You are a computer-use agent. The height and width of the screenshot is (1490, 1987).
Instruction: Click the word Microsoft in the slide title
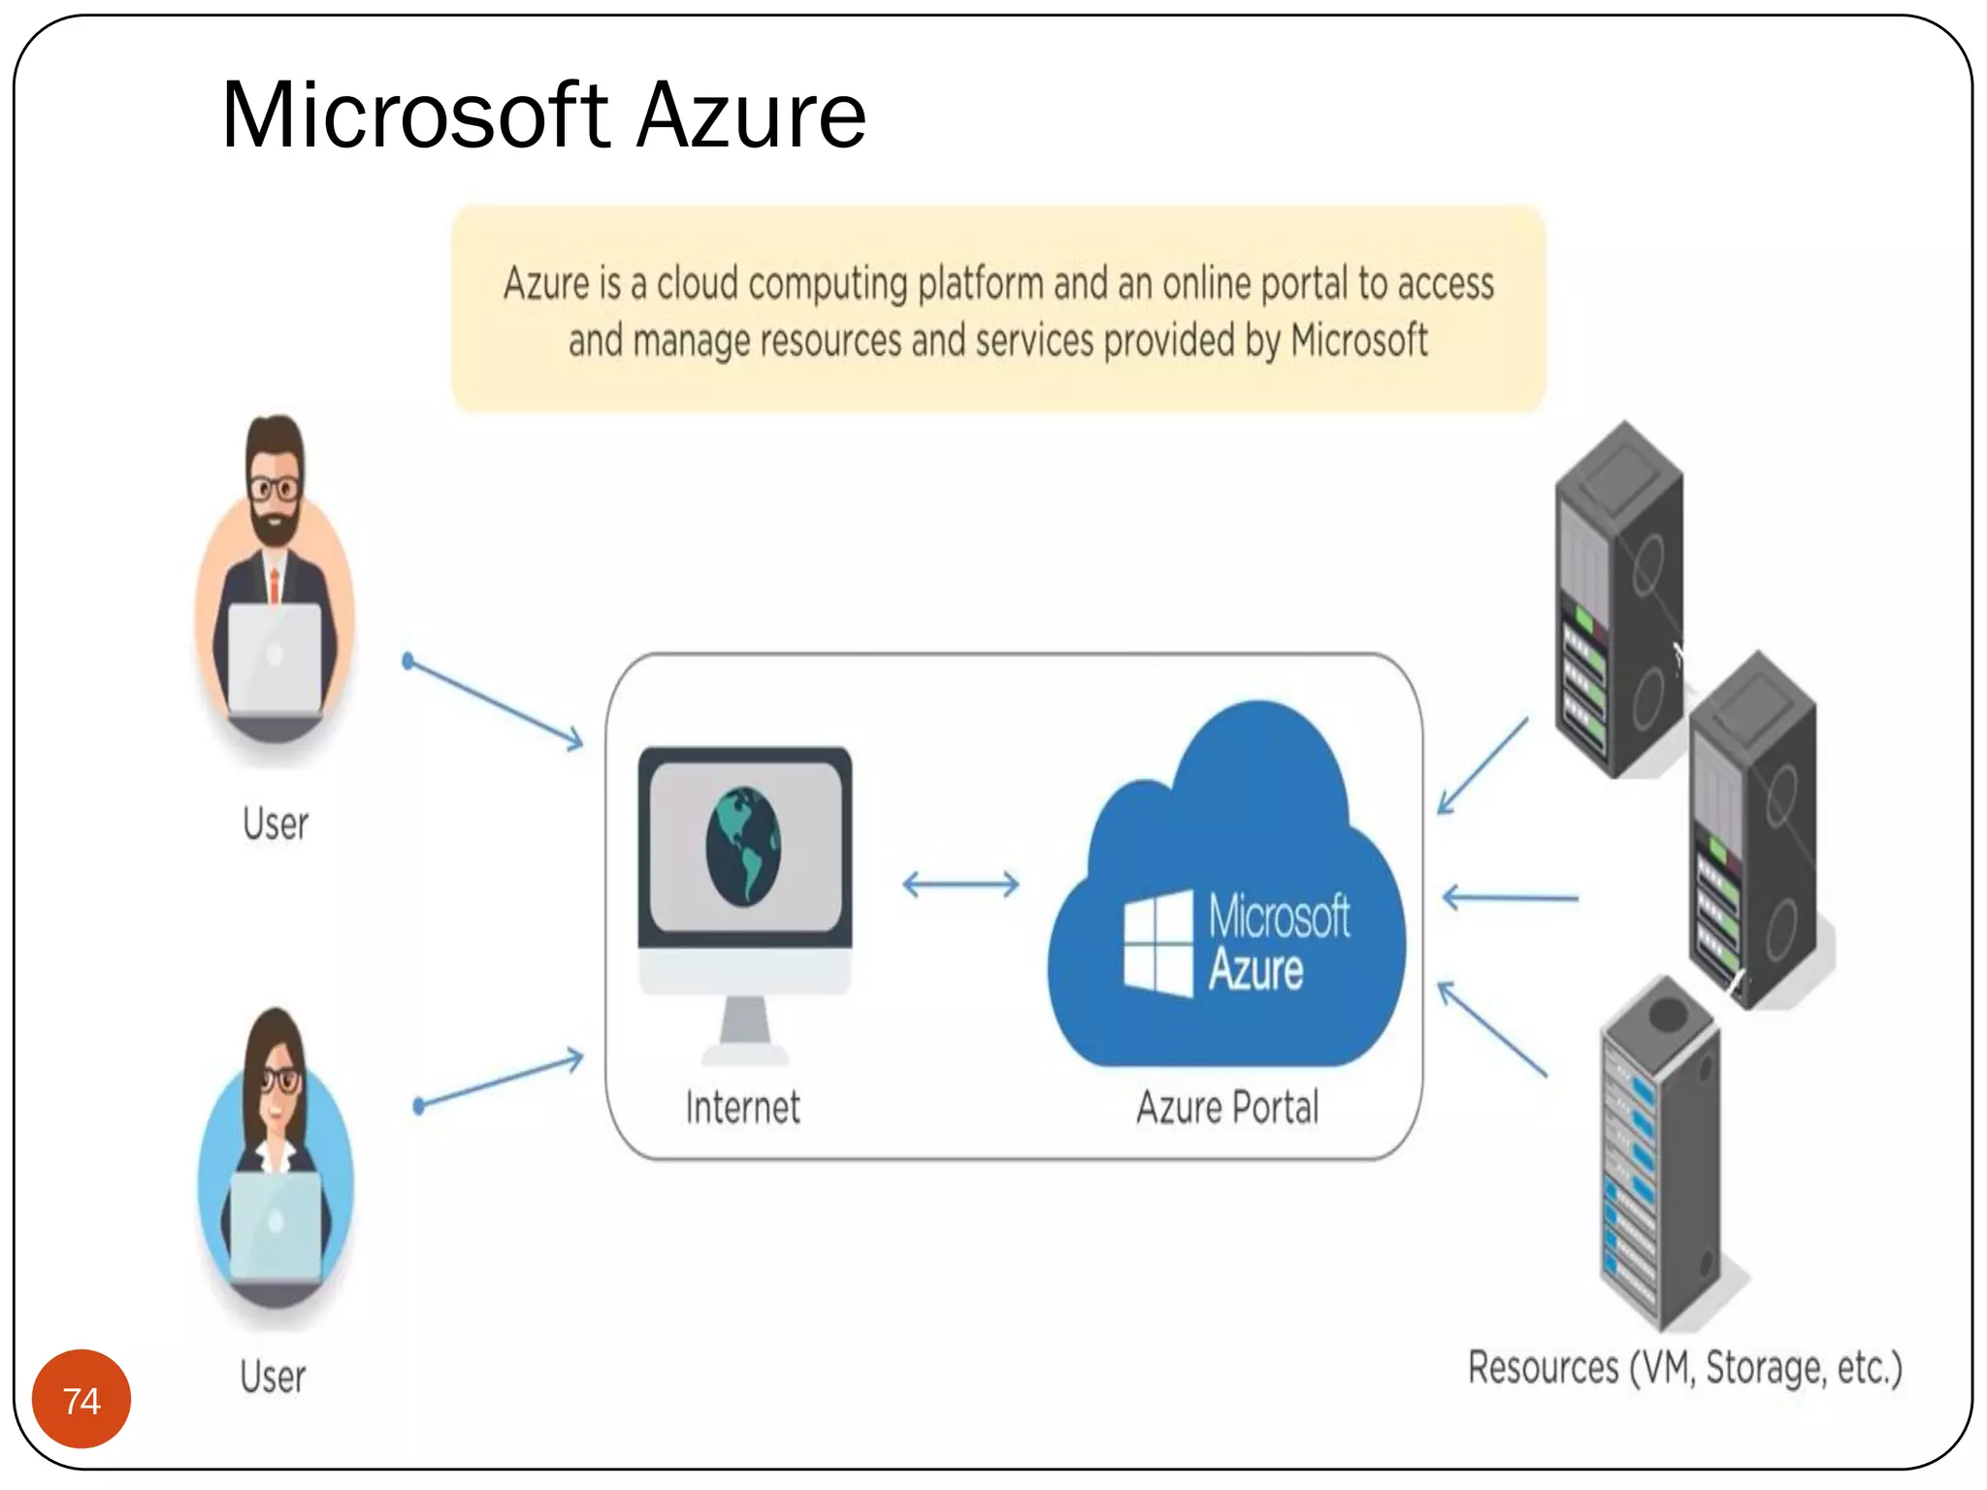(x=415, y=116)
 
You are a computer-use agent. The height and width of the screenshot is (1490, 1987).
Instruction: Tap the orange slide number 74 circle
(x=81, y=1399)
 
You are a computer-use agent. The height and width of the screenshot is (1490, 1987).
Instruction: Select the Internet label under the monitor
(x=742, y=1107)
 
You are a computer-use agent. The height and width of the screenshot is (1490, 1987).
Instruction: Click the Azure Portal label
(x=1227, y=1107)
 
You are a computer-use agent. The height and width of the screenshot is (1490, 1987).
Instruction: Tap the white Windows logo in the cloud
(x=1157, y=943)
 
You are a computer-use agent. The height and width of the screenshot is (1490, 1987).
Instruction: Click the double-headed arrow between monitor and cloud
(x=961, y=884)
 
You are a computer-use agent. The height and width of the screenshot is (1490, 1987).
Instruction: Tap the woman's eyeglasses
(x=279, y=1079)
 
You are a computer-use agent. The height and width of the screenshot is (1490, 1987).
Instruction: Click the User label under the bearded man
(x=276, y=825)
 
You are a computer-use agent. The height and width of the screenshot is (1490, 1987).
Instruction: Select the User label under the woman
(x=273, y=1377)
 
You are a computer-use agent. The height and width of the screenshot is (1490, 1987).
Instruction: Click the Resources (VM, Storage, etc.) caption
(x=1684, y=1368)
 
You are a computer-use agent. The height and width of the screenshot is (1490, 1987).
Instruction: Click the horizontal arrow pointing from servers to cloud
(x=1510, y=898)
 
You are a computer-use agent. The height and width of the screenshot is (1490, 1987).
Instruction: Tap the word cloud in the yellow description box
(x=697, y=284)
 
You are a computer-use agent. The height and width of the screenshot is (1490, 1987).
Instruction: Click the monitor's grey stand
(x=745, y=1026)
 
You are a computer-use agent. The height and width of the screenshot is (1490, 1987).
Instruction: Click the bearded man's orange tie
(x=275, y=584)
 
